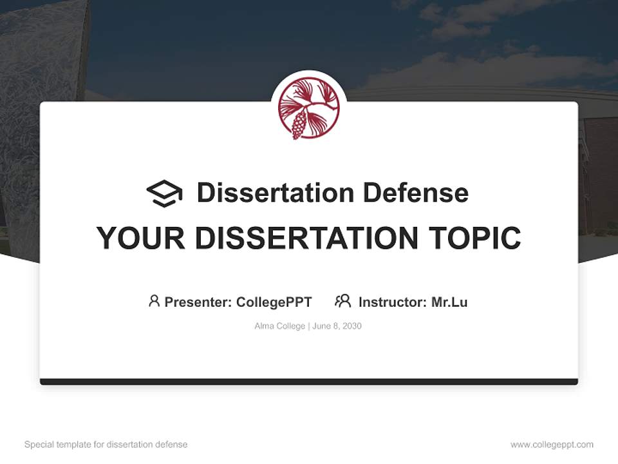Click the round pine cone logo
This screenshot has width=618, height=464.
pyautogui.click(x=309, y=108)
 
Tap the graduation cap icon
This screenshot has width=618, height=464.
pyautogui.click(x=164, y=193)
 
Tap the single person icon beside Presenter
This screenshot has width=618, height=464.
pyautogui.click(x=154, y=301)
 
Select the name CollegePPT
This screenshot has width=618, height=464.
pyautogui.click(x=274, y=302)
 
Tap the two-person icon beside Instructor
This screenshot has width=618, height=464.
pyautogui.click(x=343, y=301)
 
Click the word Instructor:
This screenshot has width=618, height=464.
pyautogui.click(x=393, y=302)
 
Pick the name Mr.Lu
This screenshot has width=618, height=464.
pyautogui.click(x=449, y=302)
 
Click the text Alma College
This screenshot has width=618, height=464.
pyautogui.click(x=280, y=326)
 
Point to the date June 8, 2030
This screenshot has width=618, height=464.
pyautogui.click(x=337, y=326)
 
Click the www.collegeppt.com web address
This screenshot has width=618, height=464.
pyautogui.click(x=552, y=445)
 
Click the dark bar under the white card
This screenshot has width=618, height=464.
pyautogui.click(x=309, y=382)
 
